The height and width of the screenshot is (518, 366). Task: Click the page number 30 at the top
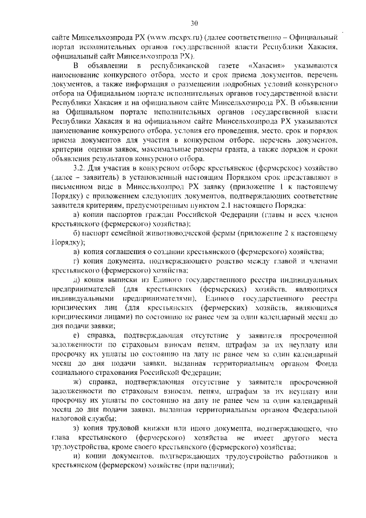pyautogui.click(x=194, y=23)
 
